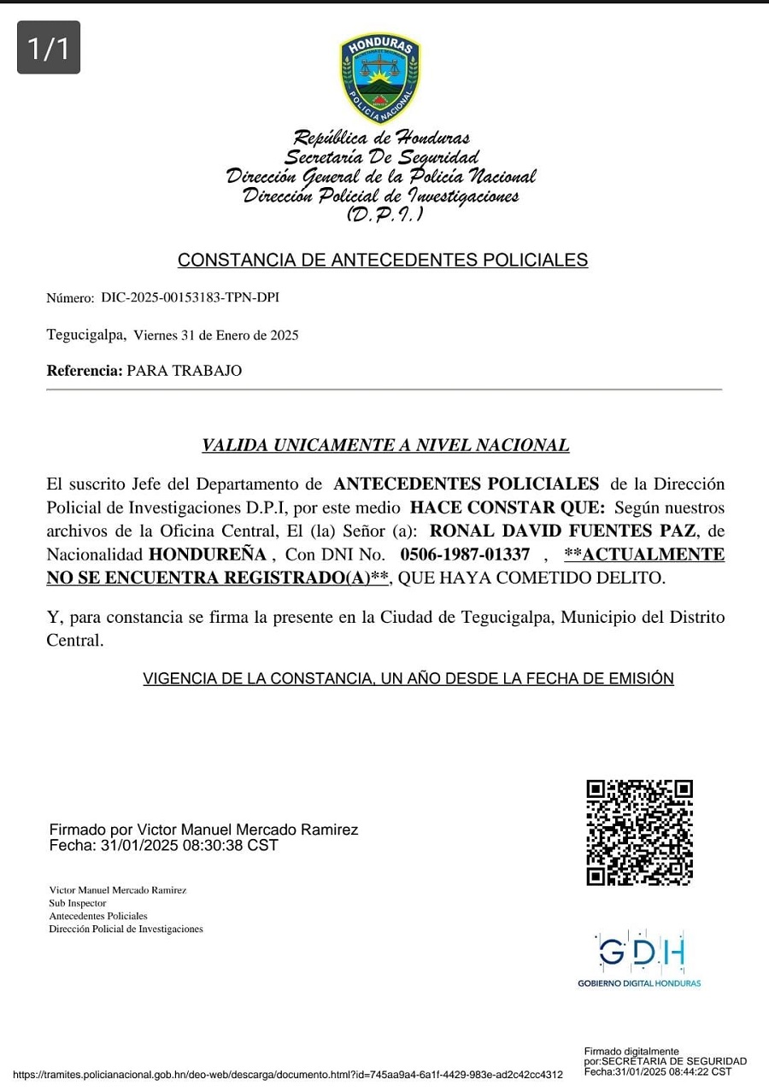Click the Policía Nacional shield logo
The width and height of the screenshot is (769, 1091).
(x=380, y=78)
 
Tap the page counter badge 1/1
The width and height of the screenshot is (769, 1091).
(x=49, y=48)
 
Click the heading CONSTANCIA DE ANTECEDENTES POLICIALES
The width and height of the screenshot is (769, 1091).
(x=382, y=260)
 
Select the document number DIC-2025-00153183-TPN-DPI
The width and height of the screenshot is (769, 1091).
(x=190, y=297)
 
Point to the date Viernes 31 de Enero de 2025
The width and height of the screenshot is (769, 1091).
(x=216, y=336)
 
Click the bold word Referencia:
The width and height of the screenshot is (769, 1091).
(x=85, y=371)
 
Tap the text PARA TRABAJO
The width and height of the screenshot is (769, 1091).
(x=184, y=371)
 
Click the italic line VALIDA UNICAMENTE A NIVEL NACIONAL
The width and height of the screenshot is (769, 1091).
(x=385, y=445)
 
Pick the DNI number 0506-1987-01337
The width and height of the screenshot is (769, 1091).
(x=465, y=554)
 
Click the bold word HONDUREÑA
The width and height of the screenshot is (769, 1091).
(x=208, y=554)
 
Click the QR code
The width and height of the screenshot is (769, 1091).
(x=639, y=832)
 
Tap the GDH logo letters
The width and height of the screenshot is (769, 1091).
(x=641, y=952)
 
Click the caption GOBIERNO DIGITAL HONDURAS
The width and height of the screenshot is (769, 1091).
(x=639, y=983)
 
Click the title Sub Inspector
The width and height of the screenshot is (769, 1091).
(x=78, y=903)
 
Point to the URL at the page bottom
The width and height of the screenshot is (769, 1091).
(x=288, y=1074)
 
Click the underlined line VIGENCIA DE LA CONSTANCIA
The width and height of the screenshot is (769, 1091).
(x=408, y=679)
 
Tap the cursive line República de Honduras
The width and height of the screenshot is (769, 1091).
(x=381, y=138)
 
